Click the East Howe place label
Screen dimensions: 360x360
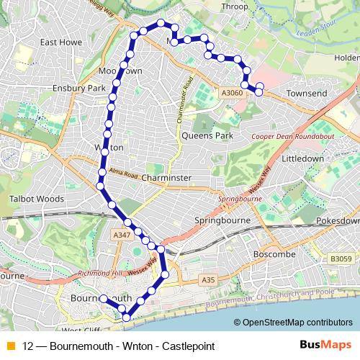(x=59, y=42)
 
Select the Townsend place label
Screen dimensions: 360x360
(x=306, y=94)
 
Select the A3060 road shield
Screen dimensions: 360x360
(x=231, y=93)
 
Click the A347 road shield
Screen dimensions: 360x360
(x=122, y=235)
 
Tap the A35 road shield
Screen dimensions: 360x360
(x=208, y=279)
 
